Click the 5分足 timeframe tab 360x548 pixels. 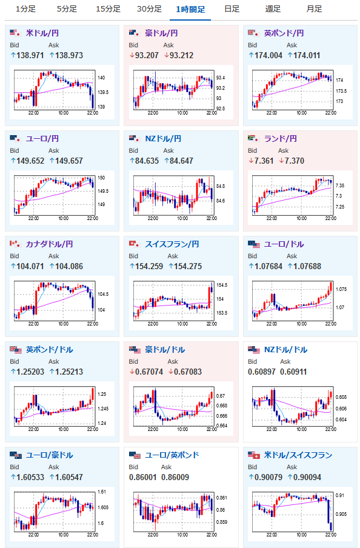pyautogui.click(x=67, y=9)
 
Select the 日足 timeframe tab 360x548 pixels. pyautogui.click(x=232, y=9)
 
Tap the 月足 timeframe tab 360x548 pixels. pyautogui.click(x=314, y=9)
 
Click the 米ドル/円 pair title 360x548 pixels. pyautogui.click(x=42, y=33)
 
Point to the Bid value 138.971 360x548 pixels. pyautogui.click(x=30, y=55)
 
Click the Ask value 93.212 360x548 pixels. pyautogui.click(x=181, y=55)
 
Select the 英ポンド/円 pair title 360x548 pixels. pyautogui.click(x=284, y=33)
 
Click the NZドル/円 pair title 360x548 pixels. pyautogui.click(x=163, y=139)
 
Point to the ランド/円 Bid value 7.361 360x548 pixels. pyautogui.click(x=264, y=161)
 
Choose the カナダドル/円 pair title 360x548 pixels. pyautogui.click(x=49, y=244)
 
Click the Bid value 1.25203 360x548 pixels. pyautogui.click(x=30, y=372)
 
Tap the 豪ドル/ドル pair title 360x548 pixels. pyautogui.click(x=165, y=350)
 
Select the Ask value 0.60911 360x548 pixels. pyautogui.click(x=293, y=372)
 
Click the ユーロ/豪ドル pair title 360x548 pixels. pyautogui.click(x=49, y=455)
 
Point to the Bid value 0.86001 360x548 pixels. pyautogui.click(x=142, y=478)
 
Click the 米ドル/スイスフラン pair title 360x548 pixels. pyautogui.click(x=298, y=455)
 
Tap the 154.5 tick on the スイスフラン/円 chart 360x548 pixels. pyautogui.click(x=222, y=285)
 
